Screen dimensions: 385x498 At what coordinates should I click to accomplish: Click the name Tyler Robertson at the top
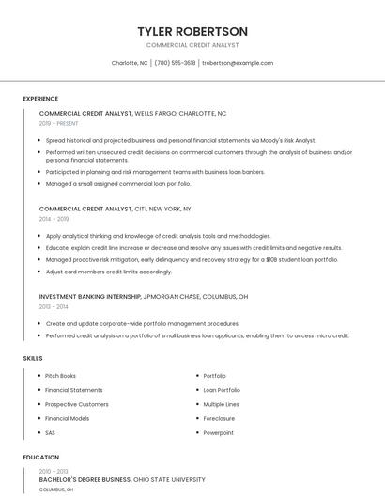pyautogui.click(x=192, y=31)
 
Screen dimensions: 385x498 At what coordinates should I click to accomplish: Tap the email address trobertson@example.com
pyautogui.click(x=238, y=63)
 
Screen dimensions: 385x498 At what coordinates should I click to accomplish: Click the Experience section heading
pyautogui.click(x=40, y=99)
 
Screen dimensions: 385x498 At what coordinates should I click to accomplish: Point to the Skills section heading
pyautogui.click(x=33, y=358)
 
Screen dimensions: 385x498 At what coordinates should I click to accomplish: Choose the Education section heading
pyautogui.click(x=40, y=458)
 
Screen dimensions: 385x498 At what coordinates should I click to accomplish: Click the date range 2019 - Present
pyautogui.click(x=59, y=123)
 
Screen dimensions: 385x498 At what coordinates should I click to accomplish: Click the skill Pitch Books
pyautogui.click(x=60, y=376)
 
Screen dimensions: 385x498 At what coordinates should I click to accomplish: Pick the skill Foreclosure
pyautogui.click(x=220, y=418)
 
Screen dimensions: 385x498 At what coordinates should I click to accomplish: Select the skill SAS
pyautogui.click(x=51, y=432)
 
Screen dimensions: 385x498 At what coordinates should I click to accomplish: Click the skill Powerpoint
pyautogui.click(x=219, y=432)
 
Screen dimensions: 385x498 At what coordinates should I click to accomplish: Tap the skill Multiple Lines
pyautogui.click(x=222, y=404)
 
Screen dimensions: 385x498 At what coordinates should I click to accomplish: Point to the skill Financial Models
pyautogui.click(x=67, y=418)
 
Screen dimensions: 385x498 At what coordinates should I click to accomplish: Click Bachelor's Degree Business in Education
pyautogui.click(x=85, y=479)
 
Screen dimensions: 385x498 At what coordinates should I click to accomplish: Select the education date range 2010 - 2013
pyautogui.click(x=54, y=471)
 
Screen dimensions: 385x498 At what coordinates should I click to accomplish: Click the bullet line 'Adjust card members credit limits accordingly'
pyautogui.click(x=108, y=272)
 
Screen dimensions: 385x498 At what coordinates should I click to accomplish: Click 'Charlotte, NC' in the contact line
pyautogui.click(x=130, y=63)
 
